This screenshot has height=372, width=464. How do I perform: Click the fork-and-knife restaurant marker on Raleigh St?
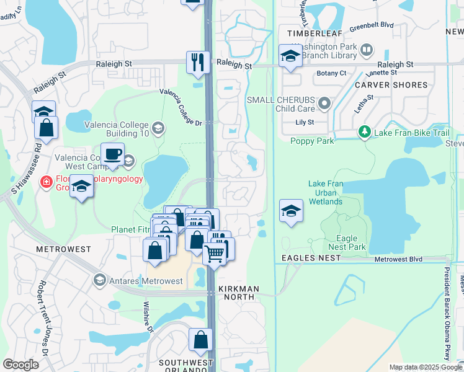click(x=198, y=62)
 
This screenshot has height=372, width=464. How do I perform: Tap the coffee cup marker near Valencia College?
click(x=112, y=154)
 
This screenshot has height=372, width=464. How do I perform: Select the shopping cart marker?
click(x=214, y=254)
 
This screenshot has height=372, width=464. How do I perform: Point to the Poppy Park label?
click(x=312, y=141)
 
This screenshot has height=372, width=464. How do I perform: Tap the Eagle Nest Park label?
click(x=347, y=242)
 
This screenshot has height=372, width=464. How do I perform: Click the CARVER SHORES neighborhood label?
click(x=391, y=84)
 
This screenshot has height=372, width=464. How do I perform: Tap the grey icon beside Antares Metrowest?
click(x=99, y=281)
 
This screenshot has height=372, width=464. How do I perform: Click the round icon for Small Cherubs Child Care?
click(x=324, y=102)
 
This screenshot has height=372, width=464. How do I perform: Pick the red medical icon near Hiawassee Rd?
click(x=45, y=182)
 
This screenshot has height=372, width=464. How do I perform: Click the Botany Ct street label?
click(x=331, y=73)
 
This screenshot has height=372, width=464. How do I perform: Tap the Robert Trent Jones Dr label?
click(x=44, y=317)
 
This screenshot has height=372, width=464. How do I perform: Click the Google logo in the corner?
click(x=21, y=365)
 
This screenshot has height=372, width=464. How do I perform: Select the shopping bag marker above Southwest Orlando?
click(x=200, y=340)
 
